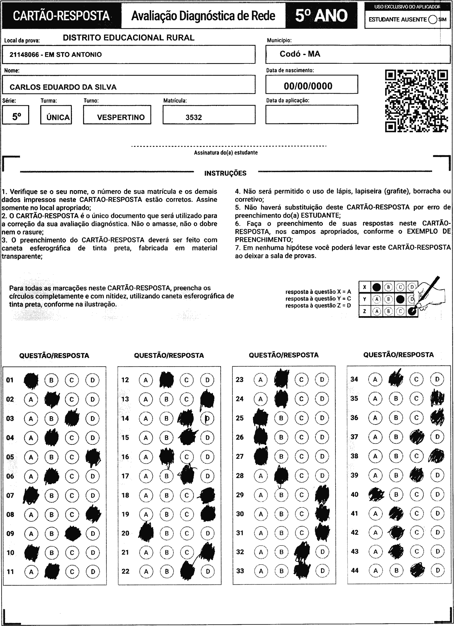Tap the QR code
(416, 101)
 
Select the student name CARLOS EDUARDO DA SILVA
(63, 87)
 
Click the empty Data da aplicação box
(311, 114)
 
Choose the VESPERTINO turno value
(121, 117)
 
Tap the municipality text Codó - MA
(300, 54)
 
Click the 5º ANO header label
(321, 16)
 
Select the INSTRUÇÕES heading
(225, 173)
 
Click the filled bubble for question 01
(31, 380)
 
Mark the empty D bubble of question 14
(207, 418)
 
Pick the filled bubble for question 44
(417, 570)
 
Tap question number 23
(240, 380)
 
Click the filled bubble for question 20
(146, 533)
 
